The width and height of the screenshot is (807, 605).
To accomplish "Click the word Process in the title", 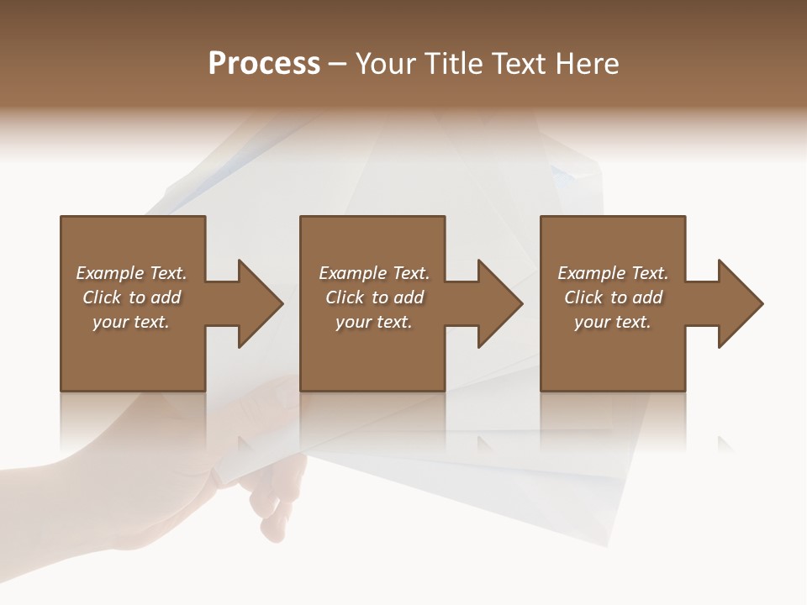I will click(264, 64).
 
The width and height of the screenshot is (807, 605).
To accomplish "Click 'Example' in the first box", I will click(109, 273).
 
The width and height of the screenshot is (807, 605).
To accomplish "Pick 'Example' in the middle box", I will click(352, 273).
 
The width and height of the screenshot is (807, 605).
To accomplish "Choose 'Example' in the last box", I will click(591, 273).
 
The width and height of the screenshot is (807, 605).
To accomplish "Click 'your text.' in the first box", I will click(131, 322).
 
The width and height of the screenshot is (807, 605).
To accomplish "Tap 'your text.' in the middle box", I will click(373, 322).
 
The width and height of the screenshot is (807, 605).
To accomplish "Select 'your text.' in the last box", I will click(613, 322).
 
